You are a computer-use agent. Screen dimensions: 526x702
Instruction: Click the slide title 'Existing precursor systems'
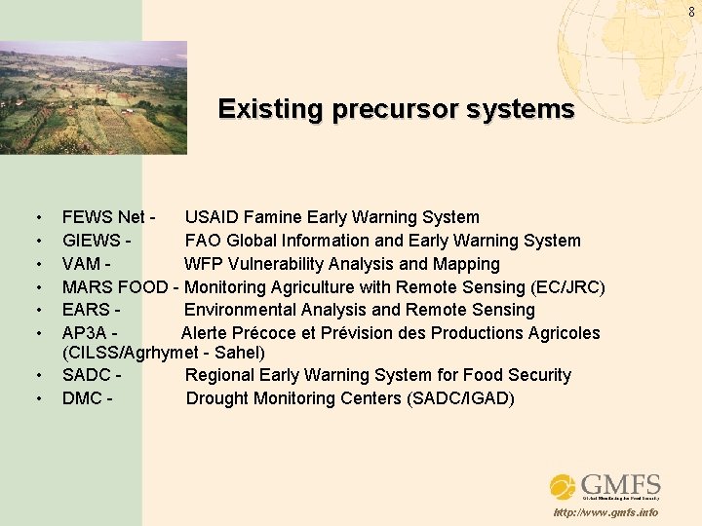[396, 109]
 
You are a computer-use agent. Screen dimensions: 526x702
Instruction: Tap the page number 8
[691, 11]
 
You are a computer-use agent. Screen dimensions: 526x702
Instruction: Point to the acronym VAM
[83, 264]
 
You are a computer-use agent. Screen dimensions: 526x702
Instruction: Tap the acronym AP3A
[87, 333]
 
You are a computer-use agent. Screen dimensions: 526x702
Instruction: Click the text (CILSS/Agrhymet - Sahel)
[163, 352]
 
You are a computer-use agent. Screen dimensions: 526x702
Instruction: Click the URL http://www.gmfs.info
[604, 513]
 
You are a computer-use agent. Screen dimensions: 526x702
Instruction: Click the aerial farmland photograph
[94, 97]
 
